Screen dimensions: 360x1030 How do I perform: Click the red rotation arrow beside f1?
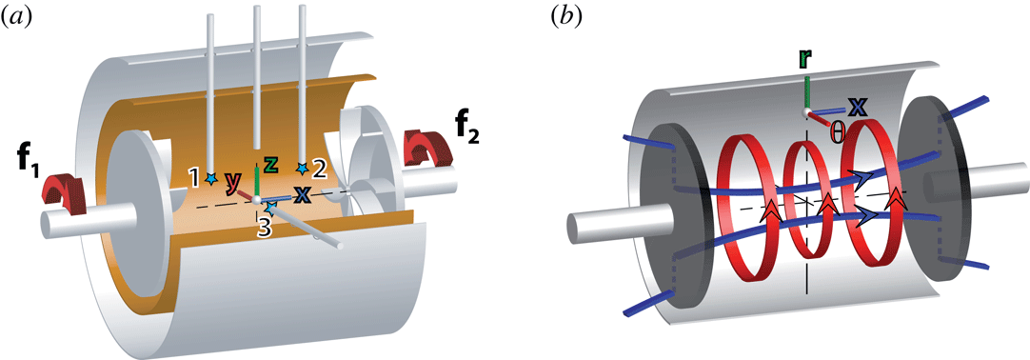point(63,186)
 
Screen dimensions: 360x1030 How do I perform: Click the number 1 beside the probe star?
point(194,177)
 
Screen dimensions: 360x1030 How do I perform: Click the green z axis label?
point(270,164)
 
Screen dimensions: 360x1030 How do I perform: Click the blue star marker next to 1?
point(210,177)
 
